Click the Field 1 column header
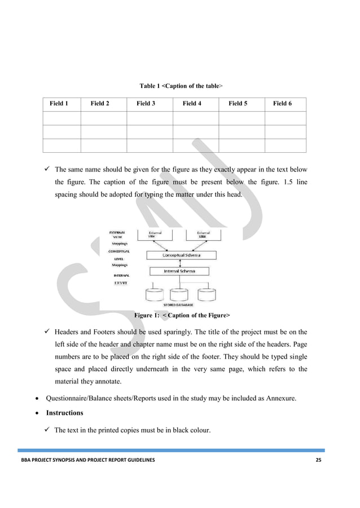coord(59,104)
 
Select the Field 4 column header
coord(192,104)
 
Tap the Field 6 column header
coord(282,104)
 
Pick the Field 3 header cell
coord(146,104)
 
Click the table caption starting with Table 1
coord(181,86)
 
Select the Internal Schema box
coord(179,271)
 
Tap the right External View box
coord(203,234)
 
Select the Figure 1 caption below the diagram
coord(181,315)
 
